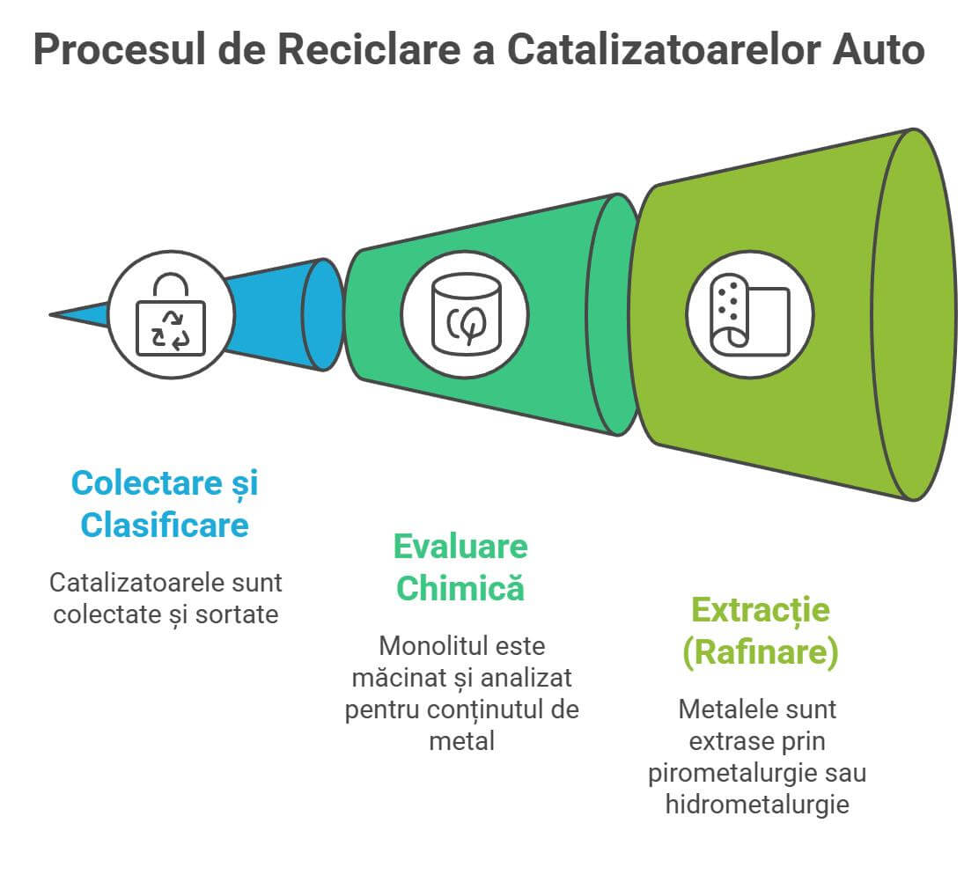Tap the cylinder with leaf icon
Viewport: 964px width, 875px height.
(465, 315)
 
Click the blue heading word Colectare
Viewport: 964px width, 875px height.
(140, 483)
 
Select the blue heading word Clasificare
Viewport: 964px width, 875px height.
(165, 526)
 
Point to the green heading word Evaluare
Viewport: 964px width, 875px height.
(460, 547)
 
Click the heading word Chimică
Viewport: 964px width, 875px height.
(460, 588)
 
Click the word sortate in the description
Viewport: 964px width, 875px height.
(239, 614)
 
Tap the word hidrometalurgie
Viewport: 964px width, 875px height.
(757, 805)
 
